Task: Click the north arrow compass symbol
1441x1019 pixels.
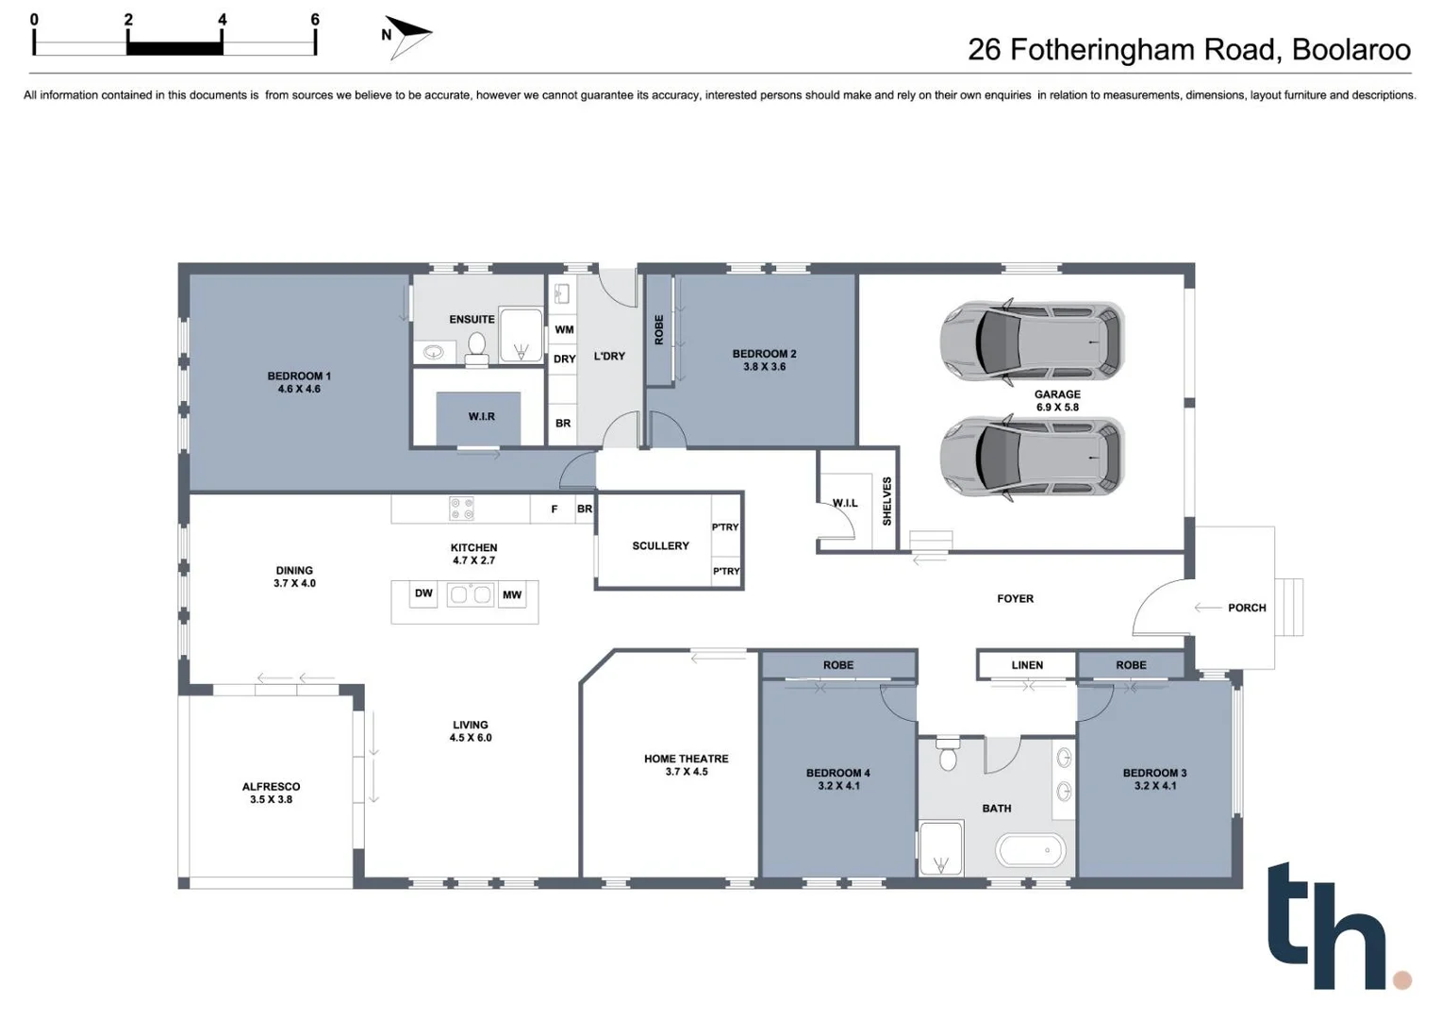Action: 408,37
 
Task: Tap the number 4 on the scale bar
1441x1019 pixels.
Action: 222,19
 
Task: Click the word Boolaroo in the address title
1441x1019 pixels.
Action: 1350,49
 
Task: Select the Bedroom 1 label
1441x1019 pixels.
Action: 299,376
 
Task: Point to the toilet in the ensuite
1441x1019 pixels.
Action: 477,346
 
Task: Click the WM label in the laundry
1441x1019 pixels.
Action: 564,329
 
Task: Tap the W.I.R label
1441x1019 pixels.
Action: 481,416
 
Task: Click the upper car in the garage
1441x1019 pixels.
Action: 1033,341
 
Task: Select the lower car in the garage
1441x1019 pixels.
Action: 1033,458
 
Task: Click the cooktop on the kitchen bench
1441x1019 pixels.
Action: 462,509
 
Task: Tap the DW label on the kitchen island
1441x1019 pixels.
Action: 423,593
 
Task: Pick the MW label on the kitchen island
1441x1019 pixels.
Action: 511,594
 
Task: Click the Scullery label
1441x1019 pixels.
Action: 660,545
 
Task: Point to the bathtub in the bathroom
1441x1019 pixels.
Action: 1031,850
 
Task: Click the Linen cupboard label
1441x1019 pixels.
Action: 1027,665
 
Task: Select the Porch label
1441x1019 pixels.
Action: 1247,608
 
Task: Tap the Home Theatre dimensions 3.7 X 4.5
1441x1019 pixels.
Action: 687,772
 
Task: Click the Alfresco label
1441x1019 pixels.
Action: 271,786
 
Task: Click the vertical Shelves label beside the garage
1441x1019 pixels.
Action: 886,501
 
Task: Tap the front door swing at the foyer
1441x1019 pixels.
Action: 1158,609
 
